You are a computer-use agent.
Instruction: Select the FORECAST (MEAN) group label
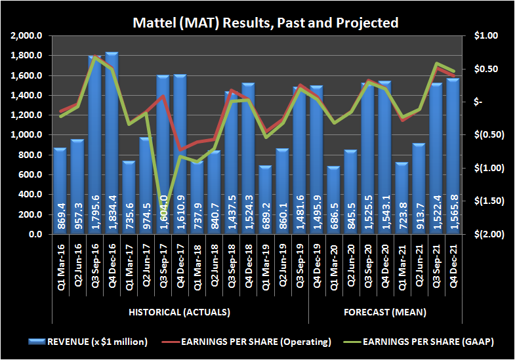[x=384, y=311]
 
